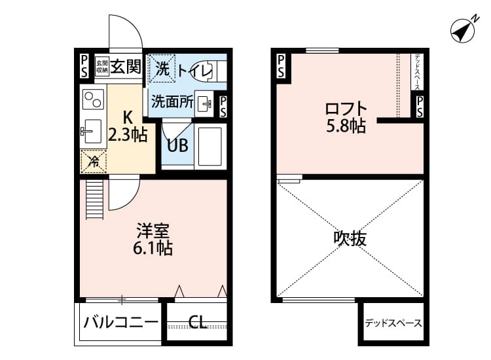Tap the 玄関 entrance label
coord(125,65)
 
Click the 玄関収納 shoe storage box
coord(101,66)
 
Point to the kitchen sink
coord(91,130)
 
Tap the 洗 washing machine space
coord(161,66)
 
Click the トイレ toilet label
coord(195,70)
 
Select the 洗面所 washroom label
coord(172,101)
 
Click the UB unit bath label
coord(177,145)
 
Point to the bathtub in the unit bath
coord(209,146)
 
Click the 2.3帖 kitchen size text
coord(128,135)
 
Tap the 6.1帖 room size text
coord(154,248)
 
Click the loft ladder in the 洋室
coord(95,200)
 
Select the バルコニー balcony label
coord(120,322)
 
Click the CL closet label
coord(198,322)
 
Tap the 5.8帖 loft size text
coord(346,126)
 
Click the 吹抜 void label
coord(350,238)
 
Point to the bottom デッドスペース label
coord(393,323)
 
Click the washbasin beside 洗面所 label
coord(205,103)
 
